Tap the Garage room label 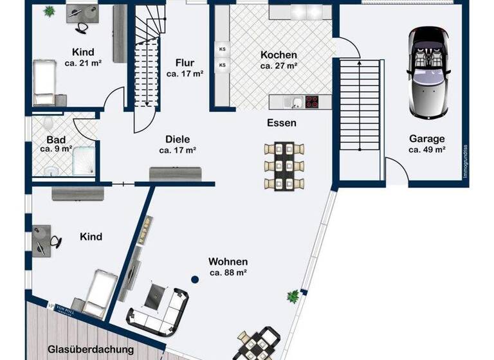(x=427, y=138)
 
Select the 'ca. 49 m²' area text (x=427, y=150)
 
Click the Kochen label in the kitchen (x=279, y=55)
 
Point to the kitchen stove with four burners (x=312, y=101)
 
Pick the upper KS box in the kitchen (x=223, y=49)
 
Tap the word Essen (x=282, y=122)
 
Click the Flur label (x=185, y=63)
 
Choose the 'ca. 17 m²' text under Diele (x=178, y=150)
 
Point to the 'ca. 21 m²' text (x=84, y=63)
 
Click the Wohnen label (x=228, y=262)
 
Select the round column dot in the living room (x=194, y=279)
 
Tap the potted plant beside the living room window (x=293, y=296)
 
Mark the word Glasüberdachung (x=91, y=350)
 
